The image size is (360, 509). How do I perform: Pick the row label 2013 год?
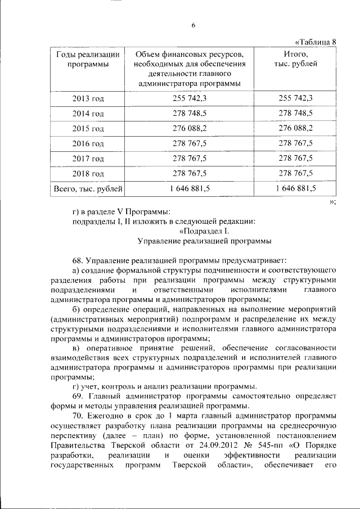(88, 98)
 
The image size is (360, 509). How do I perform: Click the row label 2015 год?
(88, 128)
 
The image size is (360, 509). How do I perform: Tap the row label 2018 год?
(88, 173)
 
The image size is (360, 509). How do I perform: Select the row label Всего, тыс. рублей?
(88, 188)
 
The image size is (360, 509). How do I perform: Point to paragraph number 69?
(77, 396)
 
